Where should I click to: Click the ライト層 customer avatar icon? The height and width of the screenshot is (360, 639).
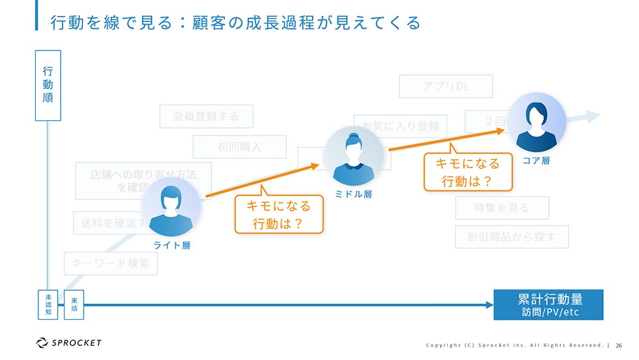point(171,207)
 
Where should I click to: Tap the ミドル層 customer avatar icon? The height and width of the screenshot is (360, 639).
point(353,155)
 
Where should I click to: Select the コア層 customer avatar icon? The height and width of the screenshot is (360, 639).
point(537,122)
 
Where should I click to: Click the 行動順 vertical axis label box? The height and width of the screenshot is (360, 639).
point(48,85)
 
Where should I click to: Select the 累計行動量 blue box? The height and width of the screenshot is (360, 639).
point(549,304)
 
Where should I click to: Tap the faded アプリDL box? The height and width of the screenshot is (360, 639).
point(445,86)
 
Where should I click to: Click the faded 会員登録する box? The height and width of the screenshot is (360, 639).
point(206,116)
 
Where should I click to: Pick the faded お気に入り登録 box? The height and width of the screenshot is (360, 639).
point(400,126)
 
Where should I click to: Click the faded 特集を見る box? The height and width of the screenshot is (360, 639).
point(501,207)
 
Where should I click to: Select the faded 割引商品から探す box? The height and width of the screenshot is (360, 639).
point(511,237)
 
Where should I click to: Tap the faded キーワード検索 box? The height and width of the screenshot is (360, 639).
point(111,263)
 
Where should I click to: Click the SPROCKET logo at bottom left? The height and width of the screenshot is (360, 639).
point(69,343)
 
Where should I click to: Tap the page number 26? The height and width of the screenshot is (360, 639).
point(619,345)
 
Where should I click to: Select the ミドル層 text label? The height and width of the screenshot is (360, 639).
point(353,194)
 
